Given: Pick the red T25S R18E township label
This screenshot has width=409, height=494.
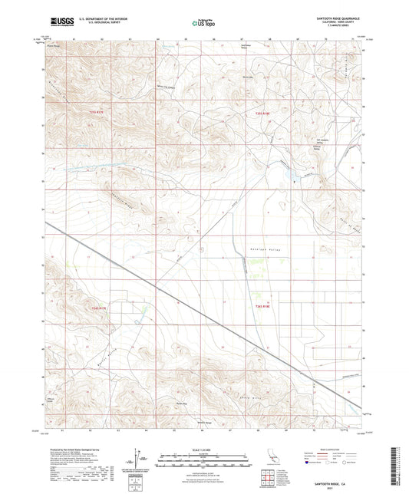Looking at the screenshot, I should tap(263, 114).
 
